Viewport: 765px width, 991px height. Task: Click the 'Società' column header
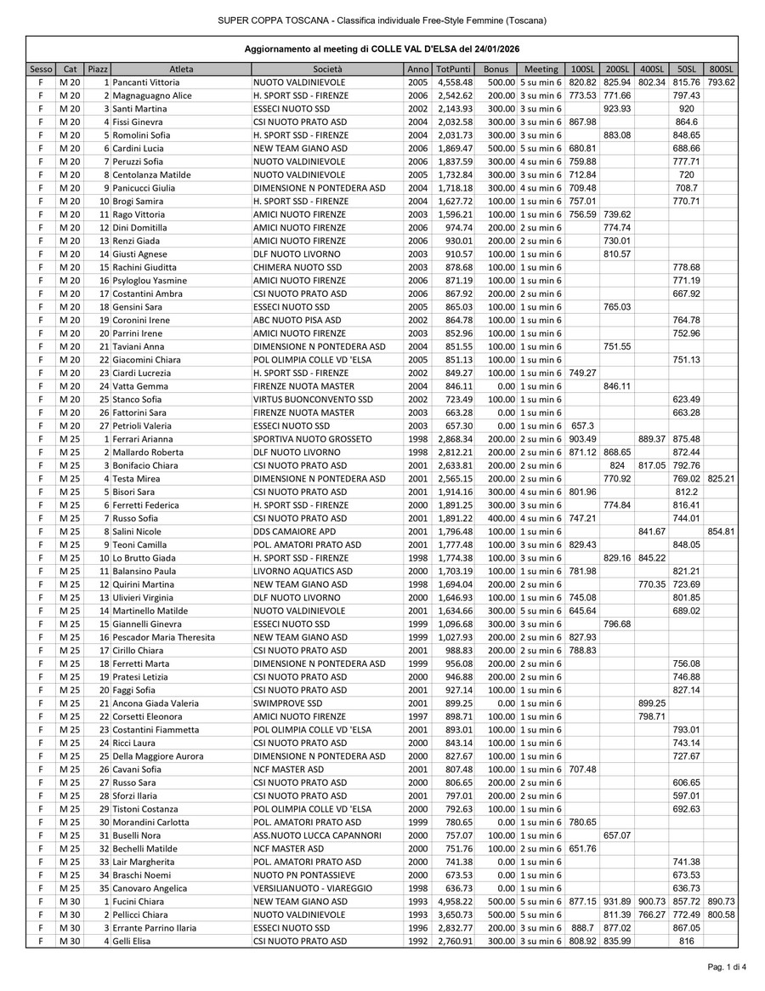point(327,68)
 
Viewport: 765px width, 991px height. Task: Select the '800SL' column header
point(721,68)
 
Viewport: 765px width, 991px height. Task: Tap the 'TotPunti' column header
point(453,68)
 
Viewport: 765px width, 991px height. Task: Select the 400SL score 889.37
point(651,439)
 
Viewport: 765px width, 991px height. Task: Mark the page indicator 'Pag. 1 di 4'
point(727,967)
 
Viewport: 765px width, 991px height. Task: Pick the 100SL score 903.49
point(582,439)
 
